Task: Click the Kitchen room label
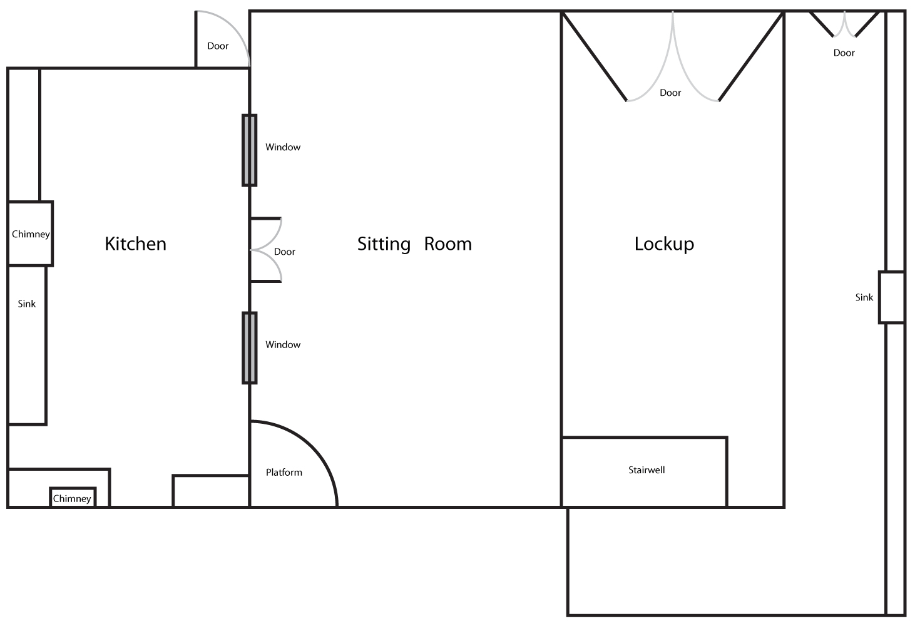[136, 244]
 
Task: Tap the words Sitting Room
[414, 244]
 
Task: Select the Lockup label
[664, 244]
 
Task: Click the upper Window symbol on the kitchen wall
[250, 150]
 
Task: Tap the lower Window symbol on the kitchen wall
[250, 348]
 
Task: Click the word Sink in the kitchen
[26, 304]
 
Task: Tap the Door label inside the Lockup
[670, 93]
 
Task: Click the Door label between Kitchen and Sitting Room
[284, 252]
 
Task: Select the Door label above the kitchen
[218, 46]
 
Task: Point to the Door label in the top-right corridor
[844, 53]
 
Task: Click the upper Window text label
[283, 147]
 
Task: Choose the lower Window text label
[283, 345]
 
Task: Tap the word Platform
[284, 473]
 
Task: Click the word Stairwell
[647, 470]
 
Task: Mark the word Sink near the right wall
[864, 297]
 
